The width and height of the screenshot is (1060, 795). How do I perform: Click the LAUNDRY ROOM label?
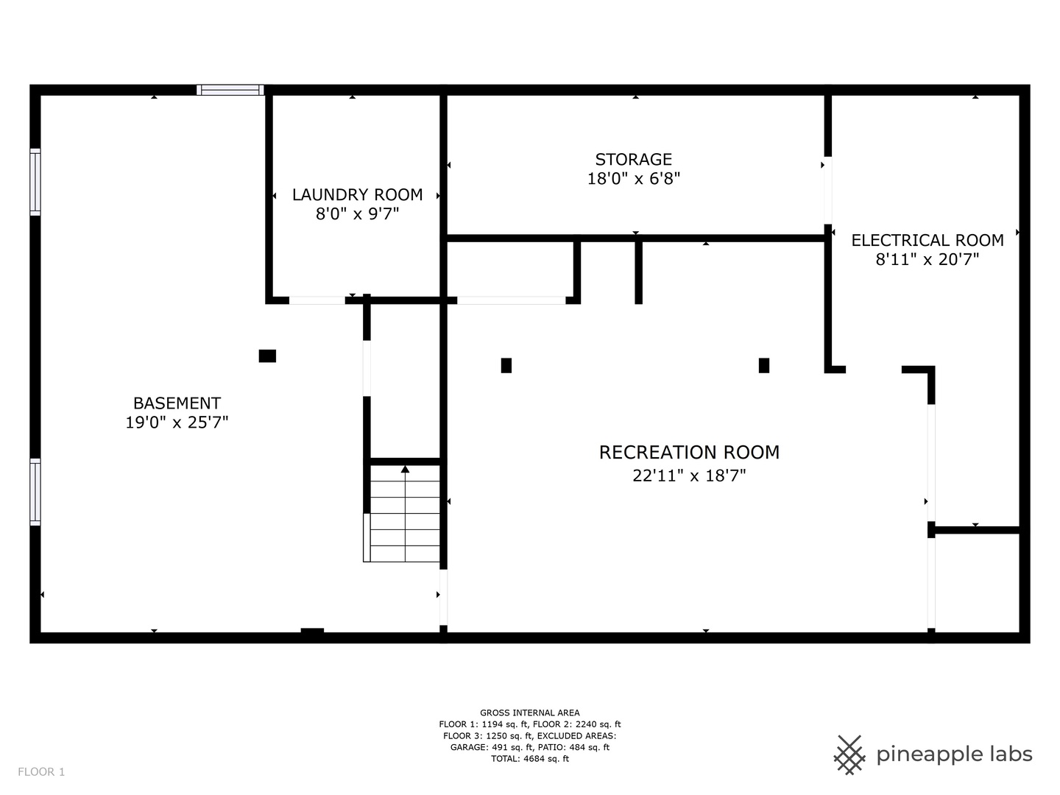click(x=357, y=194)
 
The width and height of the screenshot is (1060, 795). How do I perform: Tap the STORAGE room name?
click(x=633, y=159)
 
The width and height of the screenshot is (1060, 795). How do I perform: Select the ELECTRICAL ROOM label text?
click(x=928, y=240)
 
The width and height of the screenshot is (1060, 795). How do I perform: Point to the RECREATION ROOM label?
click(x=689, y=452)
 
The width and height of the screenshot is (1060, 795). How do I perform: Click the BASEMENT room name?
click(x=177, y=403)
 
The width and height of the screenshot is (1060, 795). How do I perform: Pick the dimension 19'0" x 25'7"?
click(x=177, y=423)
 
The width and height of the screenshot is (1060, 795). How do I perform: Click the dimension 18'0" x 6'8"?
click(x=633, y=179)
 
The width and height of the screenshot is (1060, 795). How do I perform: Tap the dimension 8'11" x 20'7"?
click(x=928, y=259)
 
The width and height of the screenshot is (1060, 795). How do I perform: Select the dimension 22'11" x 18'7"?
click(x=689, y=476)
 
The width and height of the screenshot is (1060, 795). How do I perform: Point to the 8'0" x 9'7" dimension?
click(x=357, y=213)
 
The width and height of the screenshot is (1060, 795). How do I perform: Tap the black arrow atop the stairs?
click(x=405, y=469)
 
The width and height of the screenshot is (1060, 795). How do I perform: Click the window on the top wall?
click(x=230, y=90)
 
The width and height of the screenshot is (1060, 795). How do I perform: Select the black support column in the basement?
click(x=267, y=356)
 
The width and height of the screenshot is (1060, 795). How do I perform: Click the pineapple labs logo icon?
click(x=849, y=755)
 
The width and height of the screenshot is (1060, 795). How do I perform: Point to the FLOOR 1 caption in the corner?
click(x=41, y=772)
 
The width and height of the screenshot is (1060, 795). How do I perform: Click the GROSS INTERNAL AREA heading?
click(x=530, y=713)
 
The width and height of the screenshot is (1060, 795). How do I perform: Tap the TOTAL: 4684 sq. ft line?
click(x=530, y=758)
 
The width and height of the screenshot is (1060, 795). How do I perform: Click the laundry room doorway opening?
click(x=317, y=300)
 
